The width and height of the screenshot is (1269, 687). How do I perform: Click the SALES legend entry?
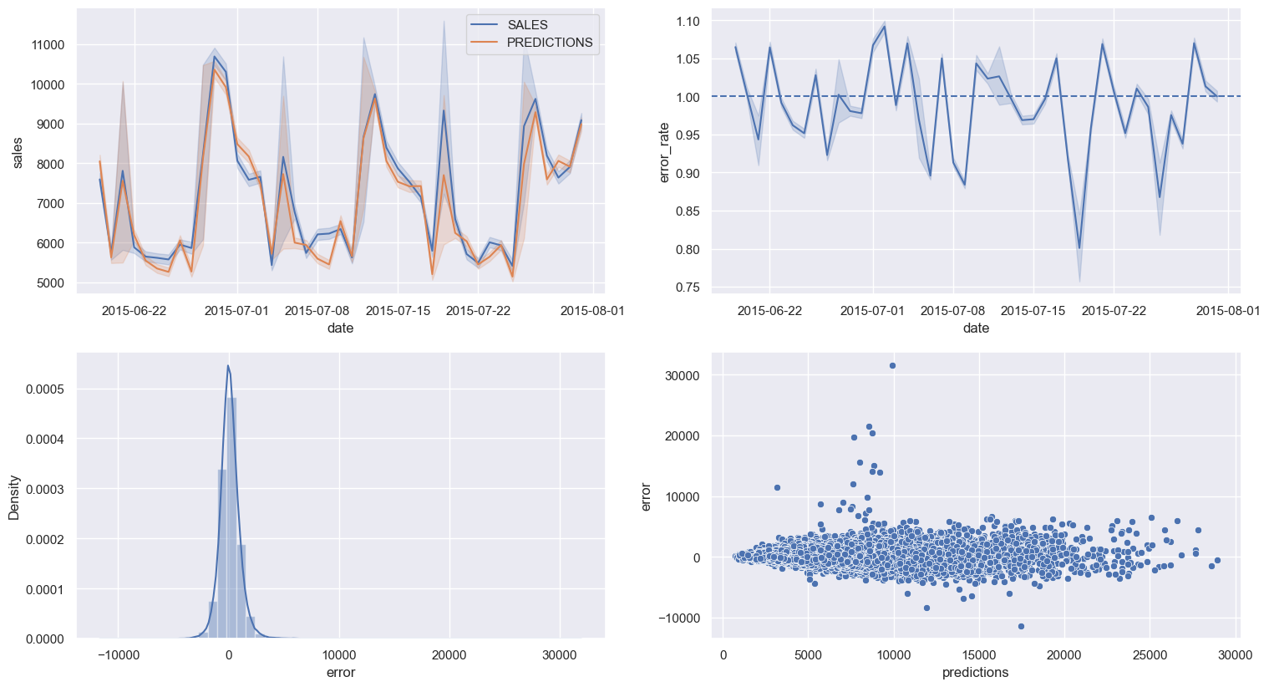coord(527,25)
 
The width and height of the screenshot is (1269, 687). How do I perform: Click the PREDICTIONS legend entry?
coord(549,43)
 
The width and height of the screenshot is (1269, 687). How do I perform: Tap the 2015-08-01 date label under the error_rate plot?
coord(1227,311)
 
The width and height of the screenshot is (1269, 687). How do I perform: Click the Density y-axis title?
coord(14,497)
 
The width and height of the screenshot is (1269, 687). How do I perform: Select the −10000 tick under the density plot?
coord(118,655)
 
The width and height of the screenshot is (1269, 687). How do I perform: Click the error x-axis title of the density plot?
coord(340,672)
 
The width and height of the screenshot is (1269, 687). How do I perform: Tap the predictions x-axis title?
coord(975,672)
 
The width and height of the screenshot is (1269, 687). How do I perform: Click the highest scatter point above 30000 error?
coord(892,365)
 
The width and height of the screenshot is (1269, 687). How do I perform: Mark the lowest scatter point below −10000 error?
coord(1021,626)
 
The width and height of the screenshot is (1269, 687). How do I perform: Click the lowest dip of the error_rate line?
coord(1079,248)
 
